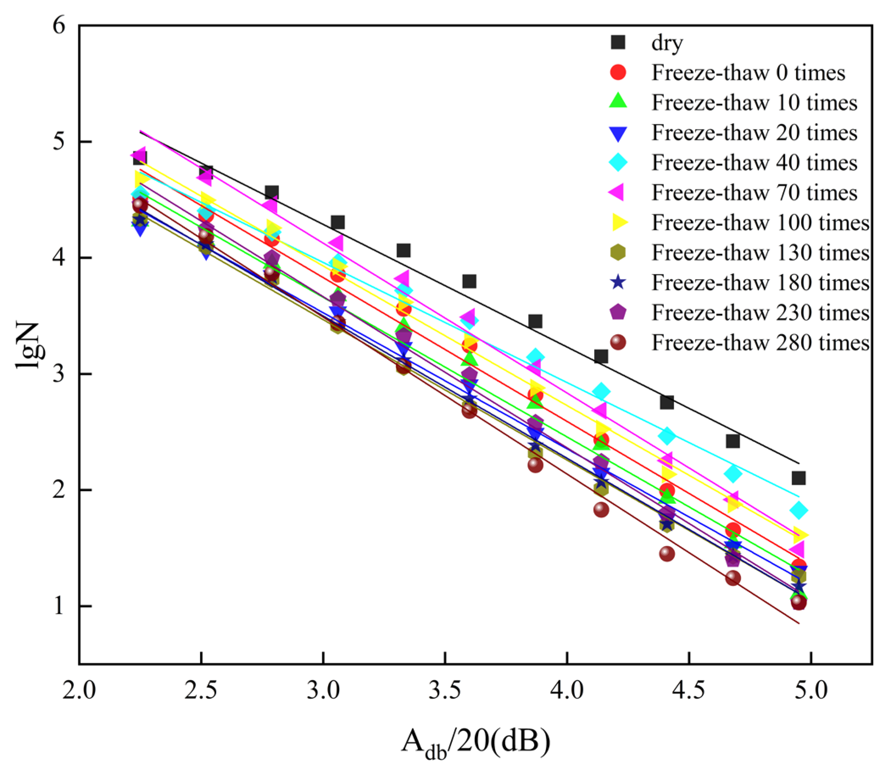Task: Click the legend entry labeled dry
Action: [667, 42]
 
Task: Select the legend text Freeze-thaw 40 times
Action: [754, 163]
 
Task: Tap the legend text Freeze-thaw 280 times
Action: [760, 342]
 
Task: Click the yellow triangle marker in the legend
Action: [618, 223]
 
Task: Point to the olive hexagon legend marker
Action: [618, 253]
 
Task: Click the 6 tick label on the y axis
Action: [59, 25]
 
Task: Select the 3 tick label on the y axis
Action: [59, 373]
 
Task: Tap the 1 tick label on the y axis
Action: [59, 606]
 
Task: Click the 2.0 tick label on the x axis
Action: [79, 691]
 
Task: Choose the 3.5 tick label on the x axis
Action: [445, 691]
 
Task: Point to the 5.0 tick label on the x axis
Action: [811, 691]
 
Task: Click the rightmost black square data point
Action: [799, 478]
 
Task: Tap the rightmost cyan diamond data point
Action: [799, 510]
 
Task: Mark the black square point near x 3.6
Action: [469, 281]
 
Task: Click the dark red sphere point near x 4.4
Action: [667, 553]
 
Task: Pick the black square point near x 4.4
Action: [667, 402]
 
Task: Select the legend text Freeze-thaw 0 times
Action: [748, 72]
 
